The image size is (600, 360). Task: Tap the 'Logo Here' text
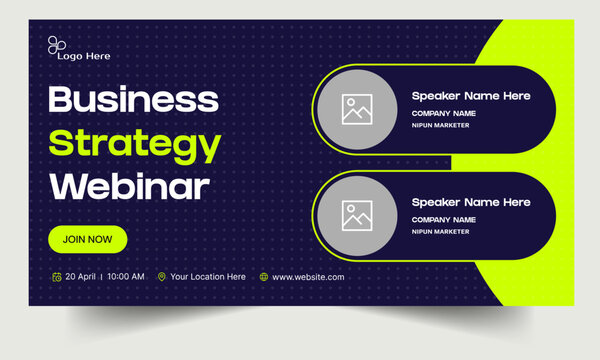tap(84, 57)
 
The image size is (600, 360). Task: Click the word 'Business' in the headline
tap(133, 99)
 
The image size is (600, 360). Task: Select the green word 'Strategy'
tap(135, 144)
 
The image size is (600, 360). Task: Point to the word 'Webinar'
tap(129, 186)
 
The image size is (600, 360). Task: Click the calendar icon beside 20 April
tap(56, 277)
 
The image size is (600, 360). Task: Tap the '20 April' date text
tap(80, 277)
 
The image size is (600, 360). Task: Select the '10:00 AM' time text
tap(125, 277)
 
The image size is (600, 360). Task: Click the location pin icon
tap(161, 277)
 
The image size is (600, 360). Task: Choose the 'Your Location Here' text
tap(207, 277)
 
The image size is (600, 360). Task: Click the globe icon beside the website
tap(264, 277)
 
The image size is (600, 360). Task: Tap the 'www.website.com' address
tap(308, 277)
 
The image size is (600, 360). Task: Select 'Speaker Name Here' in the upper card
tap(471, 96)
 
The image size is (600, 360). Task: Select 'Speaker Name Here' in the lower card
tap(471, 202)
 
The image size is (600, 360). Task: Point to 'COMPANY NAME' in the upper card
tap(443, 114)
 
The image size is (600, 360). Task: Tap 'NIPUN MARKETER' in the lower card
tap(440, 231)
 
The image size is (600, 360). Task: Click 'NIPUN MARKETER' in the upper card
tap(440, 126)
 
